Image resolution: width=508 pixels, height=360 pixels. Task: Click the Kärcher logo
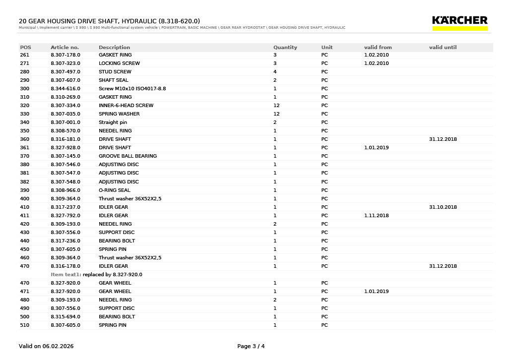pyautogui.click(x=459, y=22)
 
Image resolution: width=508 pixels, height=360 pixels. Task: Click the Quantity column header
pyautogui.click(x=285, y=48)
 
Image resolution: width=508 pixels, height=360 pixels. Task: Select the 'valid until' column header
pyautogui.click(x=443, y=48)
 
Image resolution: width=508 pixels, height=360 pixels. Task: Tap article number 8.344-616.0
pyautogui.click(x=65, y=89)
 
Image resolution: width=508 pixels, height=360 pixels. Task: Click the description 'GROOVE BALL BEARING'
pyautogui.click(x=127, y=156)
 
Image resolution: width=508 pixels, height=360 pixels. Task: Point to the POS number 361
pyautogui.click(x=24, y=148)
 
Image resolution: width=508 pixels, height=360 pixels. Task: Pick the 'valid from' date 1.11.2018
pyautogui.click(x=377, y=216)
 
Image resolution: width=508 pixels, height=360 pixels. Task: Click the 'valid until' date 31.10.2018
pyautogui.click(x=443, y=207)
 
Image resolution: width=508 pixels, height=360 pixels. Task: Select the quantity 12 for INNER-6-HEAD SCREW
pyautogui.click(x=276, y=106)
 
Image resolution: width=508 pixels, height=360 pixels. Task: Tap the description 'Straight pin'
pyautogui.click(x=113, y=122)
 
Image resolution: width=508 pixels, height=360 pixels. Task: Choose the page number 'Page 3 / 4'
pyautogui.click(x=251, y=346)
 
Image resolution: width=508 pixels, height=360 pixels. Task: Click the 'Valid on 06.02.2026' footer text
pyautogui.click(x=46, y=346)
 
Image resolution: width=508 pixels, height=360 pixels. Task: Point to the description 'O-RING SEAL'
pyautogui.click(x=114, y=190)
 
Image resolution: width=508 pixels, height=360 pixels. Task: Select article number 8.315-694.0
pyautogui.click(x=65, y=317)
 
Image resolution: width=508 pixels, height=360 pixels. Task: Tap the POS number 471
pyautogui.click(x=24, y=292)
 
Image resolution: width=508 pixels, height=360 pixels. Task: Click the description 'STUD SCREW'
pyautogui.click(x=115, y=72)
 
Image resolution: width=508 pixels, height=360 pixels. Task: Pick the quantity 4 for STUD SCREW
pyautogui.click(x=275, y=72)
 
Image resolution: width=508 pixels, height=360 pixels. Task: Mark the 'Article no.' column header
pyautogui.click(x=64, y=48)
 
